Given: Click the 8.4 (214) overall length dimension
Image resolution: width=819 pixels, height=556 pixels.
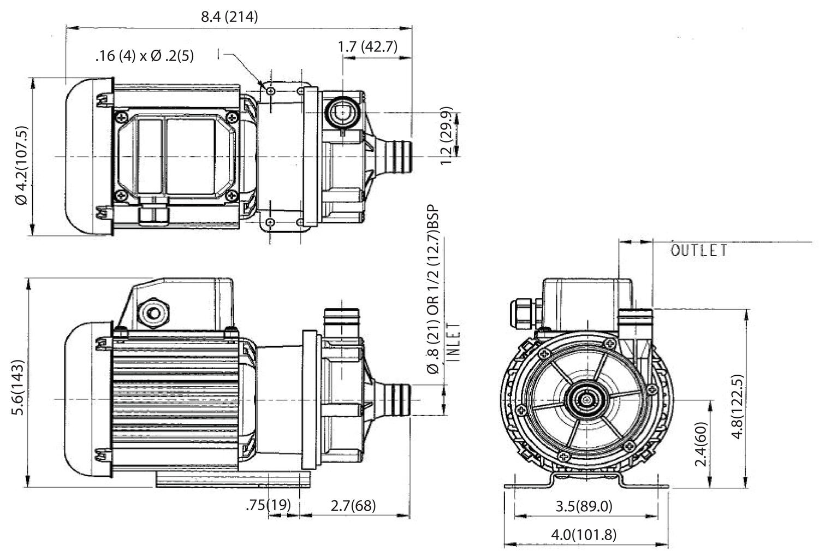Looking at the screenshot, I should (x=229, y=17).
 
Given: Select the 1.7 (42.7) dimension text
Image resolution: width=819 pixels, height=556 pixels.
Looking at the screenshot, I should (x=367, y=46).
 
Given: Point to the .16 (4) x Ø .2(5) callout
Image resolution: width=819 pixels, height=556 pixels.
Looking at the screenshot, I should (x=144, y=56).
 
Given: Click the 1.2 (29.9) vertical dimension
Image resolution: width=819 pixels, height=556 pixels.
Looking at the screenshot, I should (x=447, y=135).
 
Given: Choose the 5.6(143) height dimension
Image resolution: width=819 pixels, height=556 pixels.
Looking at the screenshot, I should (x=19, y=387).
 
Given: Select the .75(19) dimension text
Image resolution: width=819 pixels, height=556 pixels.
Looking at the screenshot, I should (x=268, y=505).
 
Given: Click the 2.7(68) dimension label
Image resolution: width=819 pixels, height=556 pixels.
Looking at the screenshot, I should (x=353, y=505).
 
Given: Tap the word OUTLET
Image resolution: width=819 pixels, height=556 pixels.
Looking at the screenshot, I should (x=699, y=251).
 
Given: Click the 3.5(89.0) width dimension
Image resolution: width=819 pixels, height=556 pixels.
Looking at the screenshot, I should (x=584, y=506).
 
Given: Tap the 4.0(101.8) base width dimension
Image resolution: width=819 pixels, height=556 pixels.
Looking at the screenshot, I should (x=584, y=535).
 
